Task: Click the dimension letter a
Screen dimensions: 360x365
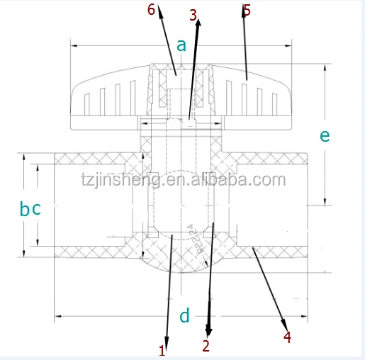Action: pyautogui.click(x=181, y=45)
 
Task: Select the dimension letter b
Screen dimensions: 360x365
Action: pyautogui.click(x=24, y=209)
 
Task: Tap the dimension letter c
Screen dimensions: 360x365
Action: pyautogui.click(x=37, y=209)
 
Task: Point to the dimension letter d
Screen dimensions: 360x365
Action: pyautogui.click(x=184, y=315)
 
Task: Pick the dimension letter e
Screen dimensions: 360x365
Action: pyautogui.click(x=325, y=135)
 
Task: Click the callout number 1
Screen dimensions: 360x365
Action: pyautogui.click(x=162, y=350)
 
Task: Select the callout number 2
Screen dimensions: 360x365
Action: pyautogui.click(x=206, y=347)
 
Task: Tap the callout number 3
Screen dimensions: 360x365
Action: pyautogui.click(x=193, y=13)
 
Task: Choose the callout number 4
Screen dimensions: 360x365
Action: pyautogui.click(x=287, y=337)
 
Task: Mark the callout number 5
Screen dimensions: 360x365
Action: pyautogui.click(x=247, y=10)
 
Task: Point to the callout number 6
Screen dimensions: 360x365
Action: pyautogui.click(x=150, y=9)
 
